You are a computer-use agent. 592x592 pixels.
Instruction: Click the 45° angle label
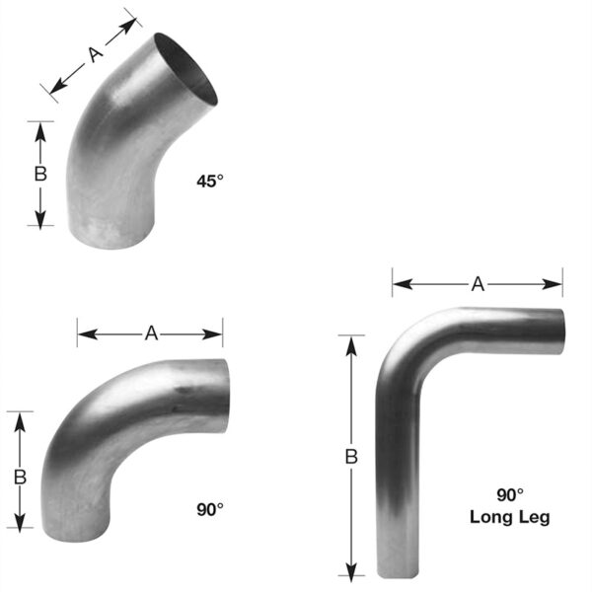point(211,181)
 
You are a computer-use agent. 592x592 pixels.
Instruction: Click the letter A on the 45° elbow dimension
point(96,56)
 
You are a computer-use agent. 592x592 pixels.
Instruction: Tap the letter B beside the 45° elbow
point(40,174)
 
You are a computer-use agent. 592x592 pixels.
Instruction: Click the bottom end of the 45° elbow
point(111,237)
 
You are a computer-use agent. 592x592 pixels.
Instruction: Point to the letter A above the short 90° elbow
point(151,333)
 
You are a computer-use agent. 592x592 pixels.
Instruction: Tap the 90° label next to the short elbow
point(210,509)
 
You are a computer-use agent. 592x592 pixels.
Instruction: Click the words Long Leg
point(510,516)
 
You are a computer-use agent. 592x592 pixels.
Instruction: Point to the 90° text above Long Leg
point(510,497)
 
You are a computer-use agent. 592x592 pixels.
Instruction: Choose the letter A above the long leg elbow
point(478,284)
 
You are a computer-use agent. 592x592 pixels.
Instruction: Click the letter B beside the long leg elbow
point(350,457)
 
